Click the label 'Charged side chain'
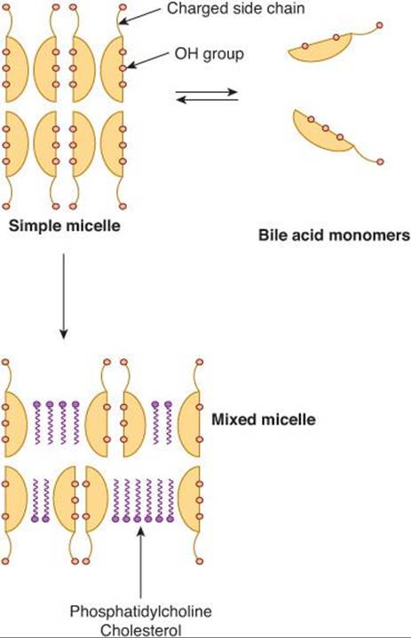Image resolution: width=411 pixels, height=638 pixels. coord(235,9)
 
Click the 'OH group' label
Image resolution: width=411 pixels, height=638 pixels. coord(209,54)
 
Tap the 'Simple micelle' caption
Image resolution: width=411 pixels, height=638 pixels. coord(65,225)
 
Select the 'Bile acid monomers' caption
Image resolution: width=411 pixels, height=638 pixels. coord(334,235)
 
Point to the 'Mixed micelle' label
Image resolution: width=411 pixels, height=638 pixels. coord(264,419)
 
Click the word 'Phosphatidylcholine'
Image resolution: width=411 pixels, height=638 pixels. coord(140,611)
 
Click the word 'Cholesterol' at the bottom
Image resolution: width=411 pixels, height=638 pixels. coord(140,631)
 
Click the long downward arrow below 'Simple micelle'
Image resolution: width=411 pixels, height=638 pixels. coord(63,296)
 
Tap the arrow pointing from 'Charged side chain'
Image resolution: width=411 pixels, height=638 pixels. coord(140,16)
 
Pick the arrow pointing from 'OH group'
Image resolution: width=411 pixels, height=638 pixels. coord(147,60)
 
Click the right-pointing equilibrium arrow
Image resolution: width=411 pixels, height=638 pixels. coord(207,92)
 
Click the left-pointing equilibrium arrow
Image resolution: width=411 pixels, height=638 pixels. coord(208,99)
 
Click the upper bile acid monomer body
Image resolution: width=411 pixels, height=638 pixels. coord(320,49)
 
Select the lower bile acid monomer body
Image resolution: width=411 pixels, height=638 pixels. coord(322,132)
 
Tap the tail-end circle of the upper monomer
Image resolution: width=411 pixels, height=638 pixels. coord(380,25)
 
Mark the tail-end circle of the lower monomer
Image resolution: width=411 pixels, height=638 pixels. coord(381,161)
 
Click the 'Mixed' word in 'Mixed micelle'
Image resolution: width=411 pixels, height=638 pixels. coord(233,419)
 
